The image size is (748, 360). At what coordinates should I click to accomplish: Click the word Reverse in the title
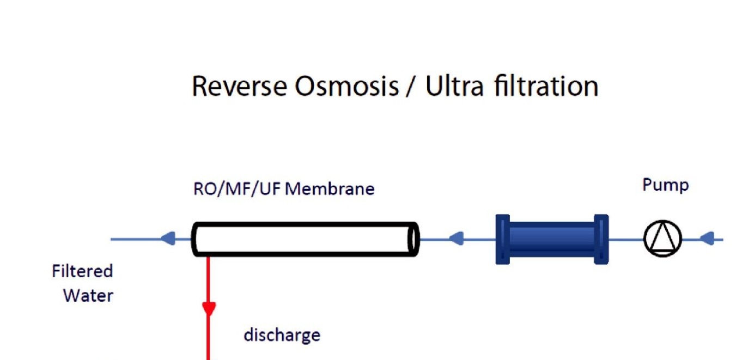click(239, 86)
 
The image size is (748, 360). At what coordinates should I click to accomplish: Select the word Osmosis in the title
click(346, 86)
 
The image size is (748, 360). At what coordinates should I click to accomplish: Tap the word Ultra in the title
click(454, 86)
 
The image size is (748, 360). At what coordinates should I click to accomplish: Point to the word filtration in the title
click(546, 86)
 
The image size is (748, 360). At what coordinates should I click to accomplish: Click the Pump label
click(666, 185)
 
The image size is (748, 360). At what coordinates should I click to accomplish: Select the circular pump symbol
click(662, 239)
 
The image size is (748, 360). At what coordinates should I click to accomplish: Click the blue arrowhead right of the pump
click(707, 239)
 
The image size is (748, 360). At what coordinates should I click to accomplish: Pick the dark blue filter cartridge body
click(552, 240)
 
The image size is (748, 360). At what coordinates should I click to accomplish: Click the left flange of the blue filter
click(502, 240)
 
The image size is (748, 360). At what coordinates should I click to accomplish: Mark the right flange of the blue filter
click(601, 240)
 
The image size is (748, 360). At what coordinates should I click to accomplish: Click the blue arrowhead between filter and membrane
click(456, 239)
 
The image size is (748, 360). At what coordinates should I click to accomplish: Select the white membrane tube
click(305, 239)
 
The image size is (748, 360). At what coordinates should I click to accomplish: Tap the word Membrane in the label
click(330, 188)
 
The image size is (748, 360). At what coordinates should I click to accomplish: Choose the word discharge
click(282, 335)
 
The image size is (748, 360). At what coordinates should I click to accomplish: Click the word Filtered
click(82, 271)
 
